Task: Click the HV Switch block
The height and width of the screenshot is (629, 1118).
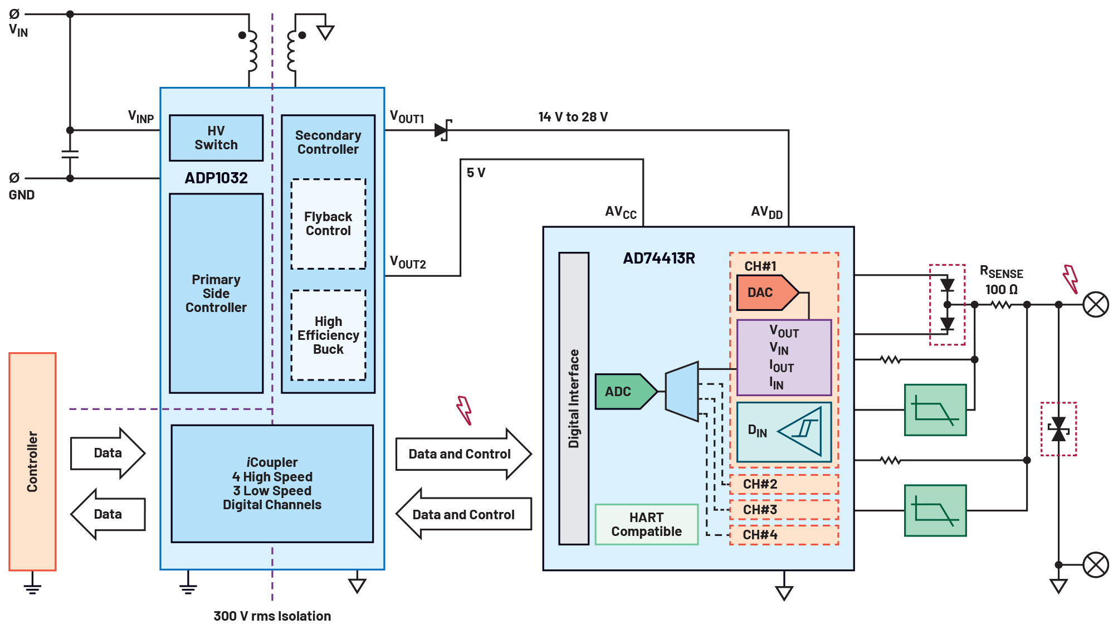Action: pyautogui.click(x=216, y=138)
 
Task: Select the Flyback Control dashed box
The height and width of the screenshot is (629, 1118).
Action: pyautogui.click(x=328, y=224)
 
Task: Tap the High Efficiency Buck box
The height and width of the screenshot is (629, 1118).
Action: pyautogui.click(x=328, y=335)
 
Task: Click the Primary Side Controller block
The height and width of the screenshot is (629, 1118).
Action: pyautogui.click(x=216, y=294)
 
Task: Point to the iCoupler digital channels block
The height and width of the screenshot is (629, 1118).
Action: pyautogui.click(x=272, y=484)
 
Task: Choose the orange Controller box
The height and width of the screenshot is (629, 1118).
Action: pyautogui.click(x=32, y=461)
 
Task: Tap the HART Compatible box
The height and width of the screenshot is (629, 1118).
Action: pyautogui.click(x=646, y=524)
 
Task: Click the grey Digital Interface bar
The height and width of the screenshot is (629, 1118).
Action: pyautogui.click(x=574, y=398)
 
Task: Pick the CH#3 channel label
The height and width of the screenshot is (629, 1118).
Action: pyautogui.click(x=760, y=510)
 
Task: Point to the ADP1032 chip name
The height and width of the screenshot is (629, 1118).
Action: pyautogui.click(x=216, y=178)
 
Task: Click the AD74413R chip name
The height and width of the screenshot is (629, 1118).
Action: pyautogui.click(x=658, y=259)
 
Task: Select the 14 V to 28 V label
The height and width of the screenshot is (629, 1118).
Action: pyautogui.click(x=573, y=117)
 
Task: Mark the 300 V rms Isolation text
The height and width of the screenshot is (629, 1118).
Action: pyautogui.click(x=272, y=616)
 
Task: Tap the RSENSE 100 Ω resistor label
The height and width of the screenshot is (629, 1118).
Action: pyautogui.click(x=1001, y=281)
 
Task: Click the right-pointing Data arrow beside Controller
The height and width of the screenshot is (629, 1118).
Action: pyautogui.click(x=108, y=453)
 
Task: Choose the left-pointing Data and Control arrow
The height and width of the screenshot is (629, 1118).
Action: pyautogui.click(x=463, y=514)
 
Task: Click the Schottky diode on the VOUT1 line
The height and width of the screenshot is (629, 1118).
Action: pyautogui.click(x=442, y=130)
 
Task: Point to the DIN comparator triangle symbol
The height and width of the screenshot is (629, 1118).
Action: pyautogui.click(x=800, y=431)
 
